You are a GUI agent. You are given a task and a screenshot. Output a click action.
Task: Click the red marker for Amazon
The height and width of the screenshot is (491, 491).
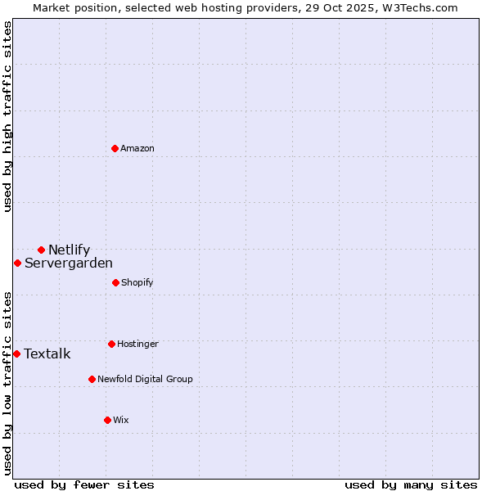pos(115,148)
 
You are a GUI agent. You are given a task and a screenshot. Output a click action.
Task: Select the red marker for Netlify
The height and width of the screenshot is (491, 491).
pos(41,250)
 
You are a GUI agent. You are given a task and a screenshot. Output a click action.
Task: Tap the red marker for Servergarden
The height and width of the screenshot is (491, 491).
pos(17,263)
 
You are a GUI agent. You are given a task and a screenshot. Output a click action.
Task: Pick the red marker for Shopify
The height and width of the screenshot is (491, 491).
pos(115,282)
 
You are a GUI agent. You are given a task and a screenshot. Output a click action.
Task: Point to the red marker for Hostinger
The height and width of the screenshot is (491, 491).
pos(111,344)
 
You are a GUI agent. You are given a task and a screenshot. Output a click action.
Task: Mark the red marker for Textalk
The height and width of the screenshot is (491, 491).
pos(16,354)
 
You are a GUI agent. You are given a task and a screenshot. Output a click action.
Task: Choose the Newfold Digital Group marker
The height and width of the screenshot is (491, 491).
pos(92,379)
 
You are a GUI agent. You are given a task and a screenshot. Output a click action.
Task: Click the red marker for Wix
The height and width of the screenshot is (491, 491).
pos(107,420)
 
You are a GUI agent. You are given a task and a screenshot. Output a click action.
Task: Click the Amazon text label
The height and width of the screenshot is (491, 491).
pos(137,148)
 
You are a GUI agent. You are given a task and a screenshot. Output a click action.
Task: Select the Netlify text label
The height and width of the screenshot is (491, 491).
pos(69,250)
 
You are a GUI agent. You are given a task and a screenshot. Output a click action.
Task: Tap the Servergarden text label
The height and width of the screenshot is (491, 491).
pos(69,263)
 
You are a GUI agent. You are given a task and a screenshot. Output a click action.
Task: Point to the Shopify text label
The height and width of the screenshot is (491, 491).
pos(137,282)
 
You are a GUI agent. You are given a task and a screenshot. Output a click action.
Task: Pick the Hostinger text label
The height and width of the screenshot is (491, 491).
pos(137,344)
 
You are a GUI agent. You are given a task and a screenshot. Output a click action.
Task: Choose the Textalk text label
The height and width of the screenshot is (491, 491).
pos(47,354)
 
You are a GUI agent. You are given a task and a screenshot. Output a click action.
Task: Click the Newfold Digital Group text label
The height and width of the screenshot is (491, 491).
pos(145,379)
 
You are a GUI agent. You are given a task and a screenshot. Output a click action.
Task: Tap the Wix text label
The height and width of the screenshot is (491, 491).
pos(121,420)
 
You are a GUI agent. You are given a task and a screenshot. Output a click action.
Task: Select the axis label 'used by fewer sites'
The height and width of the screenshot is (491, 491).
pos(84,484)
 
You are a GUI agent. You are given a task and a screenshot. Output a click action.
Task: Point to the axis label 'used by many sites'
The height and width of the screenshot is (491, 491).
pos(411,484)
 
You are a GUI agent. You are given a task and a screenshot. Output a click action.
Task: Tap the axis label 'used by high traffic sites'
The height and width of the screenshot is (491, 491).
pos(7,116)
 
